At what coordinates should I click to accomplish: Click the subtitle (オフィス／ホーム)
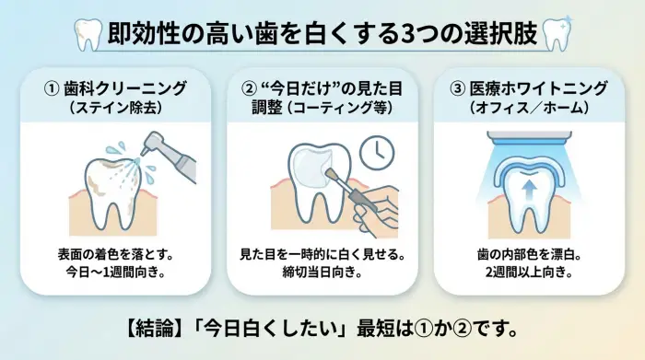pos(529,108)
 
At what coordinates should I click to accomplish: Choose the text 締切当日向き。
pos(322,273)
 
